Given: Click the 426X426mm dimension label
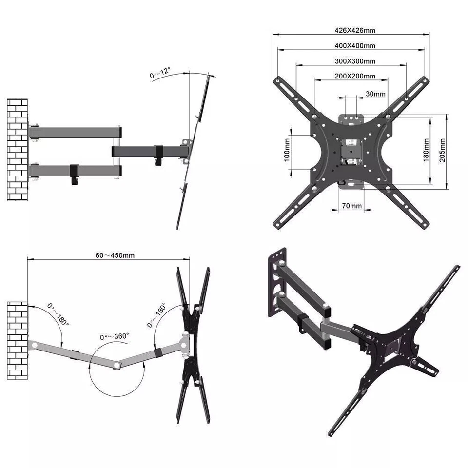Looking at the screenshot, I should tap(355, 30).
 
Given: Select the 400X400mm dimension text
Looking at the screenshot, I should tap(354, 45).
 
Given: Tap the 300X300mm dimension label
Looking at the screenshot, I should tap(354, 61).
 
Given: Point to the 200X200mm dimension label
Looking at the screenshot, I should tap(354, 76).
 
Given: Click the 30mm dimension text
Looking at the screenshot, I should tap(375, 94).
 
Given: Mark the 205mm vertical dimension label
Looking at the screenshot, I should tap(442, 150).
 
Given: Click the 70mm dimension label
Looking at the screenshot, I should tap(351, 206).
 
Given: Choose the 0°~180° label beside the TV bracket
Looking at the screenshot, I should tap(157, 316).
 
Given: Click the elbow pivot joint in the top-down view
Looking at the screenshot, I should tap(116, 366).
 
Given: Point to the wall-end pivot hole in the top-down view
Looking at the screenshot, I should tap(35, 345).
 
